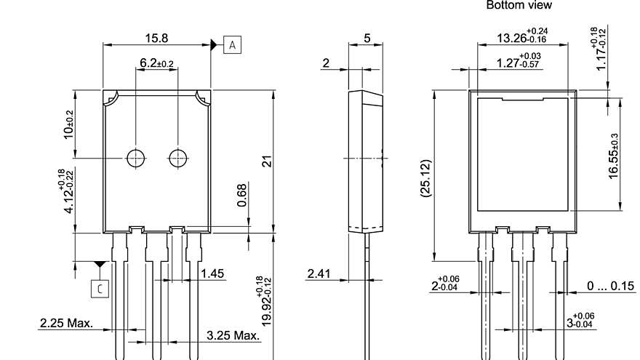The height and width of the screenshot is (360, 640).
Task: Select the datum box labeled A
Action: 233,45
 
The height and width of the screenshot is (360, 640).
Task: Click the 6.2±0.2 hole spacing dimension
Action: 156,64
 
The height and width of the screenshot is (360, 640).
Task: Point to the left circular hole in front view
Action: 135,158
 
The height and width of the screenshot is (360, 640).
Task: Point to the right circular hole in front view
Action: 177,158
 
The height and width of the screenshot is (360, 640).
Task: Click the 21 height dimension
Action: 267,161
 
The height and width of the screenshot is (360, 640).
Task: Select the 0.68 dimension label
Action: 242,195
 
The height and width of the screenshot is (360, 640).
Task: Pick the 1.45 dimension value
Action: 212,273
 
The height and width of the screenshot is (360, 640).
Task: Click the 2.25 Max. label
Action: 66,323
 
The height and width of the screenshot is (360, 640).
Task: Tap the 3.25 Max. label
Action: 233,335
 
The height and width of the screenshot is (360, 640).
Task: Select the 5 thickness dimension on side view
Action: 367,37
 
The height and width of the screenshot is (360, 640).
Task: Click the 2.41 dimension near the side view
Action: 319,273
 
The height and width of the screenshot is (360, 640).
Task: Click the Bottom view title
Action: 519,5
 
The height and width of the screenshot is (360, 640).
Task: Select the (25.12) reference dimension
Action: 425,178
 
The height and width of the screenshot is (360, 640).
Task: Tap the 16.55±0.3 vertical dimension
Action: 614,155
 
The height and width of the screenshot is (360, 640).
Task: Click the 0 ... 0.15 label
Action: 610,286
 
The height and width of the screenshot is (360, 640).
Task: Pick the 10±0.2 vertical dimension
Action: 69,124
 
